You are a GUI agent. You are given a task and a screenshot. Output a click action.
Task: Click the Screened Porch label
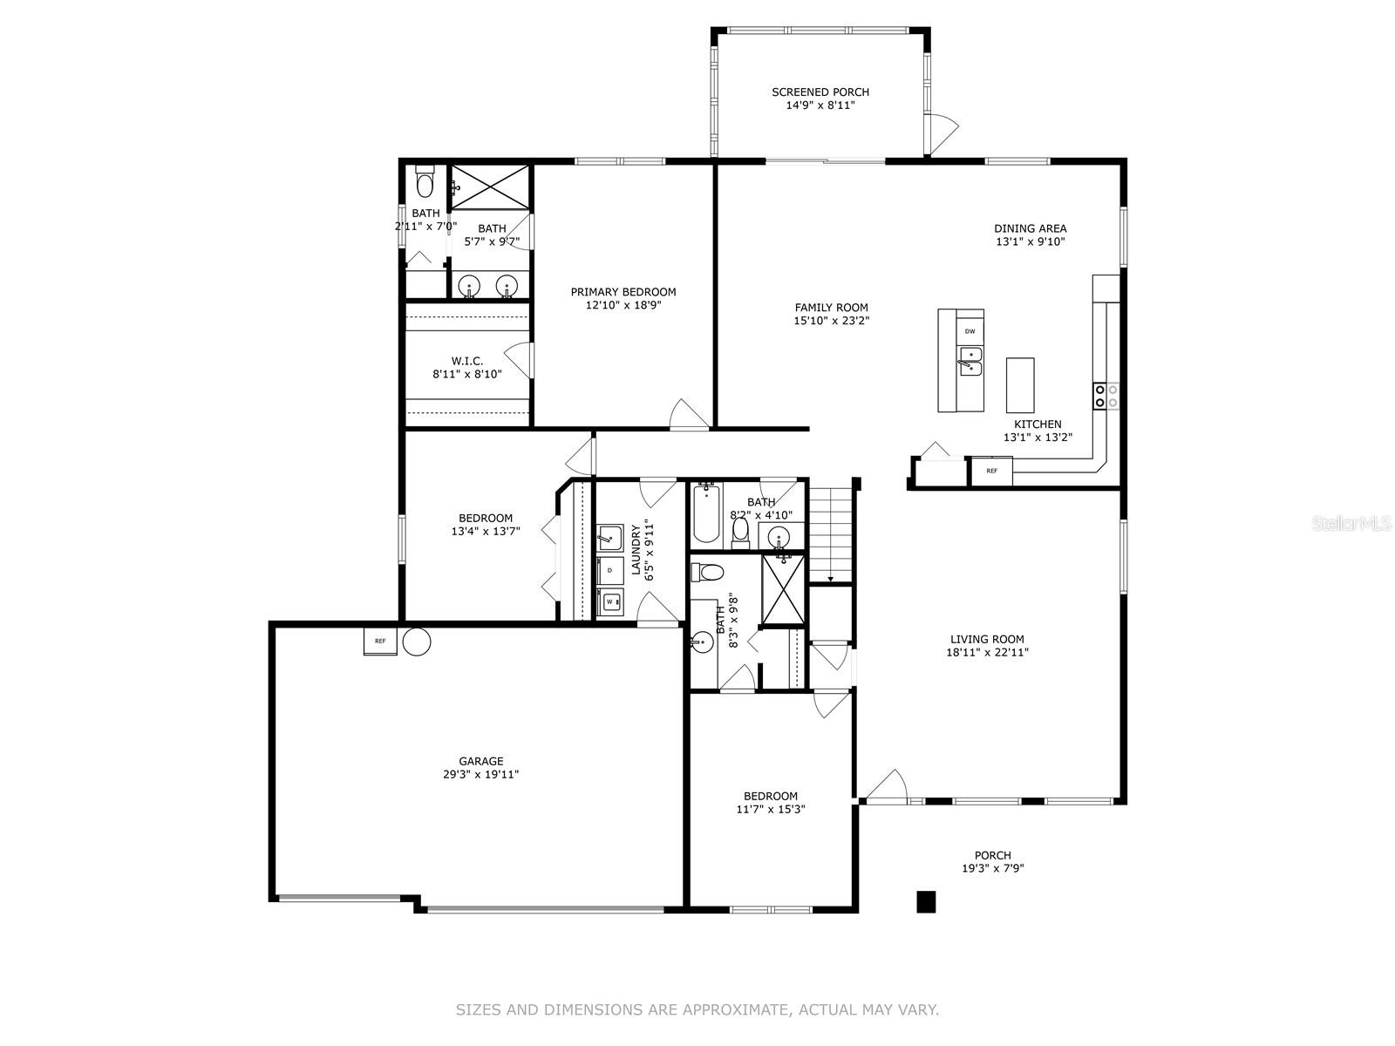click(x=820, y=92)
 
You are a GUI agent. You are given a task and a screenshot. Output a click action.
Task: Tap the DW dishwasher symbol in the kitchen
click(x=970, y=331)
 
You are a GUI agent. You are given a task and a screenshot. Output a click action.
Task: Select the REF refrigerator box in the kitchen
click(x=991, y=471)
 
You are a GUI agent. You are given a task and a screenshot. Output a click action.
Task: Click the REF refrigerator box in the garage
click(x=380, y=641)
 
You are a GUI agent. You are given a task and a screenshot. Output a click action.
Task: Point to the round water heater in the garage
click(x=417, y=642)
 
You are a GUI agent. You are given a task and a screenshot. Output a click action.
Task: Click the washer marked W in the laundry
click(x=610, y=601)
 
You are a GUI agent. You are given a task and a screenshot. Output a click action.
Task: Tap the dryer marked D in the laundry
click(x=610, y=570)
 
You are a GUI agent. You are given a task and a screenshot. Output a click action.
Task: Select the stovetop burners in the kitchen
click(x=1106, y=396)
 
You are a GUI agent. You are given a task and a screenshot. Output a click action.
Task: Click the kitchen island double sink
click(x=970, y=362)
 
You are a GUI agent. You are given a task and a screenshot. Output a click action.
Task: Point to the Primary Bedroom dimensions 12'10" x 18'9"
click(x=623, y=305)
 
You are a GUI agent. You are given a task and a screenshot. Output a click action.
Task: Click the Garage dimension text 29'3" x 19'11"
click(x=480, y=774)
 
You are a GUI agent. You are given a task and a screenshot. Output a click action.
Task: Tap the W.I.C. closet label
click(x=467, y=361)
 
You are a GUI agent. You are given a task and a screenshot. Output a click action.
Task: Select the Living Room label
click(x=987, y=640)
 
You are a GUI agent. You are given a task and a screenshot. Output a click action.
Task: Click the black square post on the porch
click(x=926, y=902)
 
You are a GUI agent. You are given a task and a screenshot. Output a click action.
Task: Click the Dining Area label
click(x=1031, y=228)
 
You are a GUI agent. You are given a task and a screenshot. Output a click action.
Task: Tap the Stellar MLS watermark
click(x=1350, y=524)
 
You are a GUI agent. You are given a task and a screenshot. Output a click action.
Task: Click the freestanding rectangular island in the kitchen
click(x=1020, y=385)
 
